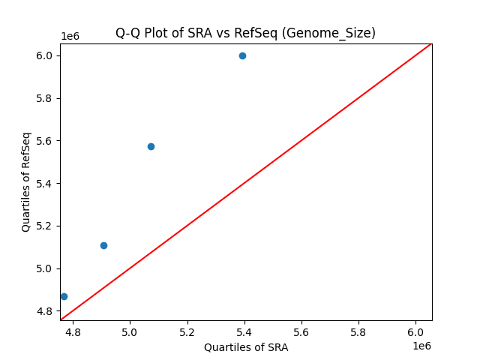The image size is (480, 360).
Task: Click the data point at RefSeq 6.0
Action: pos(242,55)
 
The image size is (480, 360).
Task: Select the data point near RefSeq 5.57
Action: pos(151,146)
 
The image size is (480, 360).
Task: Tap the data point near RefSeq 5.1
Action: pos(103,245)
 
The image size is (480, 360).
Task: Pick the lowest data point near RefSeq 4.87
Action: pos(64,296)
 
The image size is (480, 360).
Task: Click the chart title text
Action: pos(245,33)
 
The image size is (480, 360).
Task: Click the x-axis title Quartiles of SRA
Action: pos(245,347)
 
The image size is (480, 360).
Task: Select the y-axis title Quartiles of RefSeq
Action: pos(26,181)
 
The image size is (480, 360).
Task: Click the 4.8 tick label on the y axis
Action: pos(44,311)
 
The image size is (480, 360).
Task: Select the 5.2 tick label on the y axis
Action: pos(44,226)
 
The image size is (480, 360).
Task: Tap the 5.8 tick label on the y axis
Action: pos(44,98)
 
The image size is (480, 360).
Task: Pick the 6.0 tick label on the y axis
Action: pos(44,55)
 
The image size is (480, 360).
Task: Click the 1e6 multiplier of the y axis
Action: pos(70,37)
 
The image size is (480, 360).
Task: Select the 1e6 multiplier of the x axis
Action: pos(421,345)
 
